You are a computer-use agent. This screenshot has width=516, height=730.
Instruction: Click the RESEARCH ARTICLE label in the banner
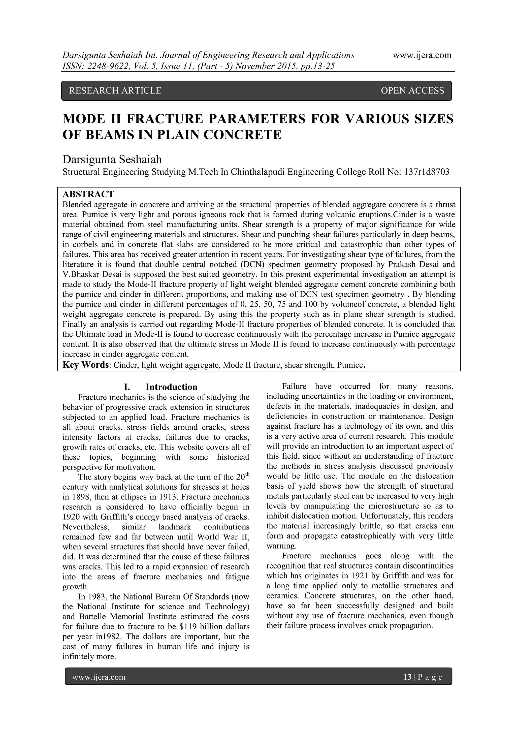pos(115,91)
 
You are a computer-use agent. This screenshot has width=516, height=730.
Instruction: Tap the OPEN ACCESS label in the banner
pos(412,91)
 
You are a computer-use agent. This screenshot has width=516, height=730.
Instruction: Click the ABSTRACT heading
pos(88,194)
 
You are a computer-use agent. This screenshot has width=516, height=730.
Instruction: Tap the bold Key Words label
pos(85,365)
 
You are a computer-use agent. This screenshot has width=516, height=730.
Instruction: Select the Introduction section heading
pos(171,387)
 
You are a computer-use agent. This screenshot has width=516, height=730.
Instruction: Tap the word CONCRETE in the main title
pos(242,135)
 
